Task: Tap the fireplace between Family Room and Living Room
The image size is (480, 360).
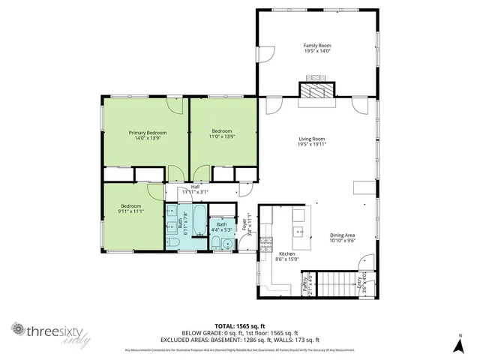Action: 316,89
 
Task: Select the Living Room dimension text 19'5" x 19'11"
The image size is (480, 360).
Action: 311,143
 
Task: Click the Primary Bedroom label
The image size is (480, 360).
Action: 147,133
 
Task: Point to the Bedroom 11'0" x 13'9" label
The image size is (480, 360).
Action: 222,130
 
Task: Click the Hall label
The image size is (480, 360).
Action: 195,187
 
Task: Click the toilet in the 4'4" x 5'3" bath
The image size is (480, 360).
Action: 215,242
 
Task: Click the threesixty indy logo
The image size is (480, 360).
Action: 51,333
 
